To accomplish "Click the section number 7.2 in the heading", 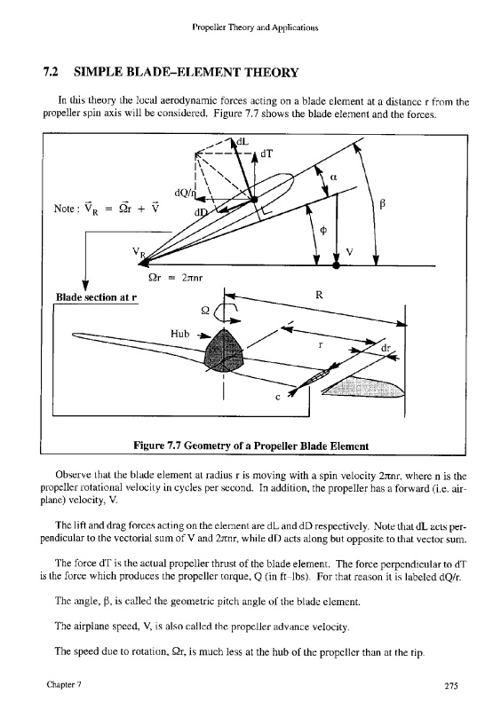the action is (51, 73).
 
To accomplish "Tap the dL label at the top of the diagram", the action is (243, 142).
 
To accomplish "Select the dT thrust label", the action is (267, 154).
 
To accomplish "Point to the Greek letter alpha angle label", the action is (334, 178).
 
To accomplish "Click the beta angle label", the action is (382, 205).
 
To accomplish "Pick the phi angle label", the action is (323, 231).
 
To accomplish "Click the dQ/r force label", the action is (185, 193).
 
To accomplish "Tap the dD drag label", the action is (201, 212).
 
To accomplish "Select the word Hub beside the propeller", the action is (179, 334).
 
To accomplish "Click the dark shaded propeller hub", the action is (225, 351).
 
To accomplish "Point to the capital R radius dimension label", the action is (319, 296).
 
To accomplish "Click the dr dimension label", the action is (386, 349).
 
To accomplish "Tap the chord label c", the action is (278, 397).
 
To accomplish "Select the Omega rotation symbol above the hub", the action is (205, 312).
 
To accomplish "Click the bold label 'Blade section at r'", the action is (96, 297).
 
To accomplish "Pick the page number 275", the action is (450, 685).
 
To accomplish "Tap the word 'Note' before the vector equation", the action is (64, 209).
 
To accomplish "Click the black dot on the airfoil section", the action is (254, 199).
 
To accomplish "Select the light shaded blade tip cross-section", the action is (365, 386).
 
